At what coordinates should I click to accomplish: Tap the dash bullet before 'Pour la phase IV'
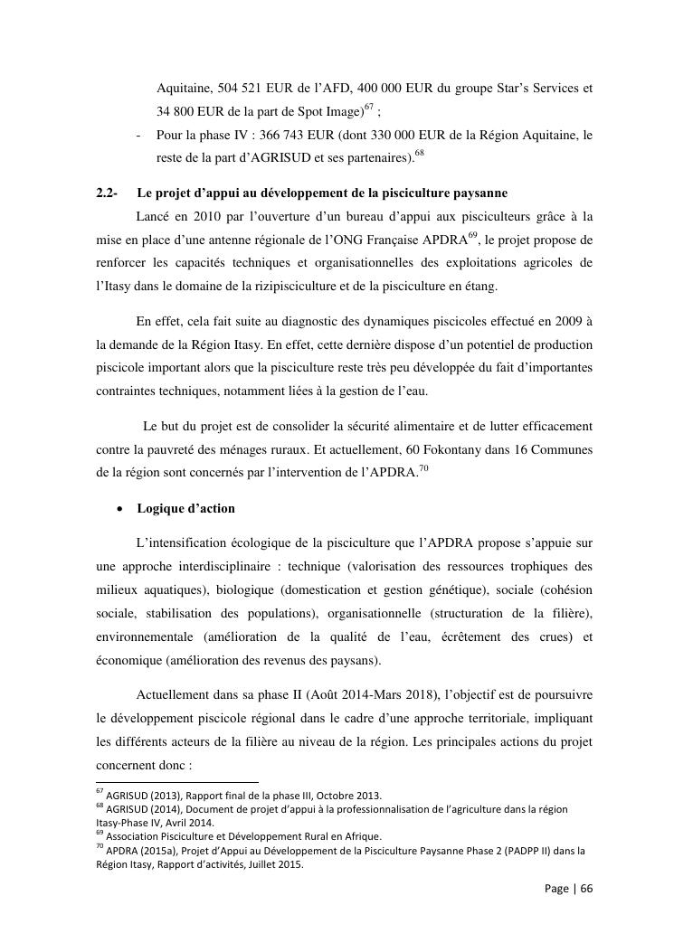click(x=137, y=137)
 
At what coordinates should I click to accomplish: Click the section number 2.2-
click(x=107, y=193)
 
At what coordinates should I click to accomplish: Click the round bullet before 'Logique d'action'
click(x=120, y=509)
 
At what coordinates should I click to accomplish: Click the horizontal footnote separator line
click(x=177, y=782)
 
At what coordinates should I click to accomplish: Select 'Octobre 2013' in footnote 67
click(x=348, y=796)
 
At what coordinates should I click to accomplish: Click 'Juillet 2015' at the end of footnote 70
click(x=275, y=863)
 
